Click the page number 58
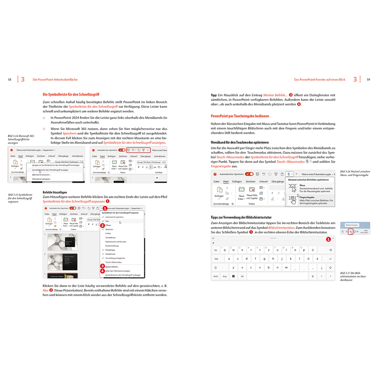tap(10, 79)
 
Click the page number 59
tap(368, 79)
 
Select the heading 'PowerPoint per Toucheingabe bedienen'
tap(240, 116)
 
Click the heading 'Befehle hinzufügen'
tap(55, 193)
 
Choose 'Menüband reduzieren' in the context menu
tap(42, 179)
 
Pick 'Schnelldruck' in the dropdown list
tap(111, 238)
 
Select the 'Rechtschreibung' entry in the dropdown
tap(112, 246)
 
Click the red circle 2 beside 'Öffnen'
tap(103, 225)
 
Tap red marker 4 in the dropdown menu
tap(103, 271)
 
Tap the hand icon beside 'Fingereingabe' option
tap(293, 200)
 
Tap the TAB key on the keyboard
tap(216, 259)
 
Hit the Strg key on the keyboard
tap(225, 276)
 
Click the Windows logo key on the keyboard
tap(233, 276)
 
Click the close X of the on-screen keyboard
tap(333, 238)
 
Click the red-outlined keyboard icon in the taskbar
tap(351, 231)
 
